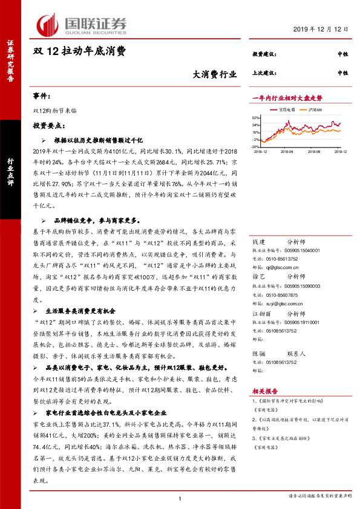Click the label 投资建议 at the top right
(264, 55)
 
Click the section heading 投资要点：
(50, 125)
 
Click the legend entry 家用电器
(286, 109)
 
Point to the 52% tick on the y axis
(256, 118)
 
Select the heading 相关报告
(263, 392)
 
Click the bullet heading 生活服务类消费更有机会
(87, 310)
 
